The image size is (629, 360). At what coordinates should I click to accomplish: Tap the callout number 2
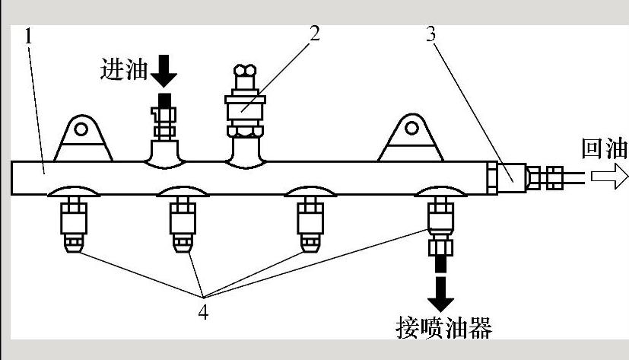tap(314, 33)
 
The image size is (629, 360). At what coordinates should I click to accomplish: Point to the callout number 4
tap(203, 311)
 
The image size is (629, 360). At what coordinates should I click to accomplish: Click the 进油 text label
tap(122, 70)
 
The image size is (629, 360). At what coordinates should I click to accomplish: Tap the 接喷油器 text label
tap(444, 327)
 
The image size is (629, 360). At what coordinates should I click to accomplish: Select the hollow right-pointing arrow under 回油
tap(608, 177)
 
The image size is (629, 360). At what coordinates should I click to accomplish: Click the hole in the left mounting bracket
tap(83, 126)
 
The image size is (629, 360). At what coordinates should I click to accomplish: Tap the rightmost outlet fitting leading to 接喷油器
tap(440, 228)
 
